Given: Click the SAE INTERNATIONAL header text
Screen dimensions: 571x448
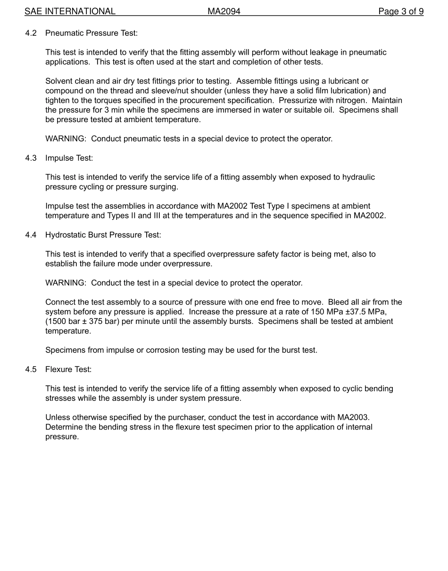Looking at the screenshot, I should coord(70,11).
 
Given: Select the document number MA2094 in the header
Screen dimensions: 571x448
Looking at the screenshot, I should coord(224,11).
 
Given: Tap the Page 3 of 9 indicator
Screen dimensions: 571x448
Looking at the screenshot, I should coord(401,11).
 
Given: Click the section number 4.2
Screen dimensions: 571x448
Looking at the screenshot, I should coord(31,33).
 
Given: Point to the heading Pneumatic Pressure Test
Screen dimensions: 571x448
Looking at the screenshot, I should coord(91,33).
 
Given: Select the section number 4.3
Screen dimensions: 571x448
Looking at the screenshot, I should coord(31,158).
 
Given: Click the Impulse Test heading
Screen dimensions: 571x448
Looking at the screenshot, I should coord(69,158).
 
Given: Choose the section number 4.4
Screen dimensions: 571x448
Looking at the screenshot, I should coord(31,235).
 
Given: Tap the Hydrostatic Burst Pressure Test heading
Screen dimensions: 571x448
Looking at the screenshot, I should coord(103,235).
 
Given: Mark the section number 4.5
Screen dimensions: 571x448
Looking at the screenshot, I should coord(31,369).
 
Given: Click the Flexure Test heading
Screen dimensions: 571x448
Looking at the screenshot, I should coord(68,369).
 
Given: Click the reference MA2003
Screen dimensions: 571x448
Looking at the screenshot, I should coord(353,417).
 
